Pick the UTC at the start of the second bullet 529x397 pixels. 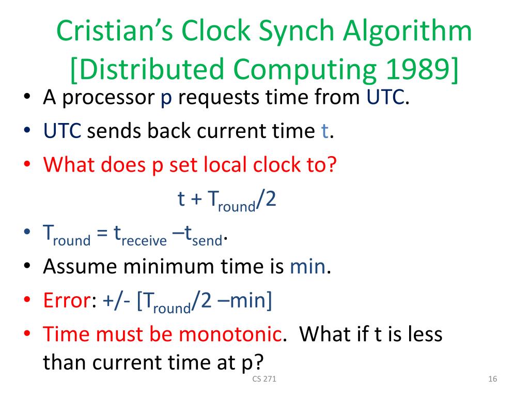[62, 131]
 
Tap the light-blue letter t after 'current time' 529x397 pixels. [324, 131]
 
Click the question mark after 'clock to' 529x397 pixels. [332, 165]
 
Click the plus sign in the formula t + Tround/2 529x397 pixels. [196, 200]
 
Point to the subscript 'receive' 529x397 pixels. [148, 240]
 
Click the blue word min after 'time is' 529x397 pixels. [308, 267]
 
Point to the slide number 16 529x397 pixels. [492, 379]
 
